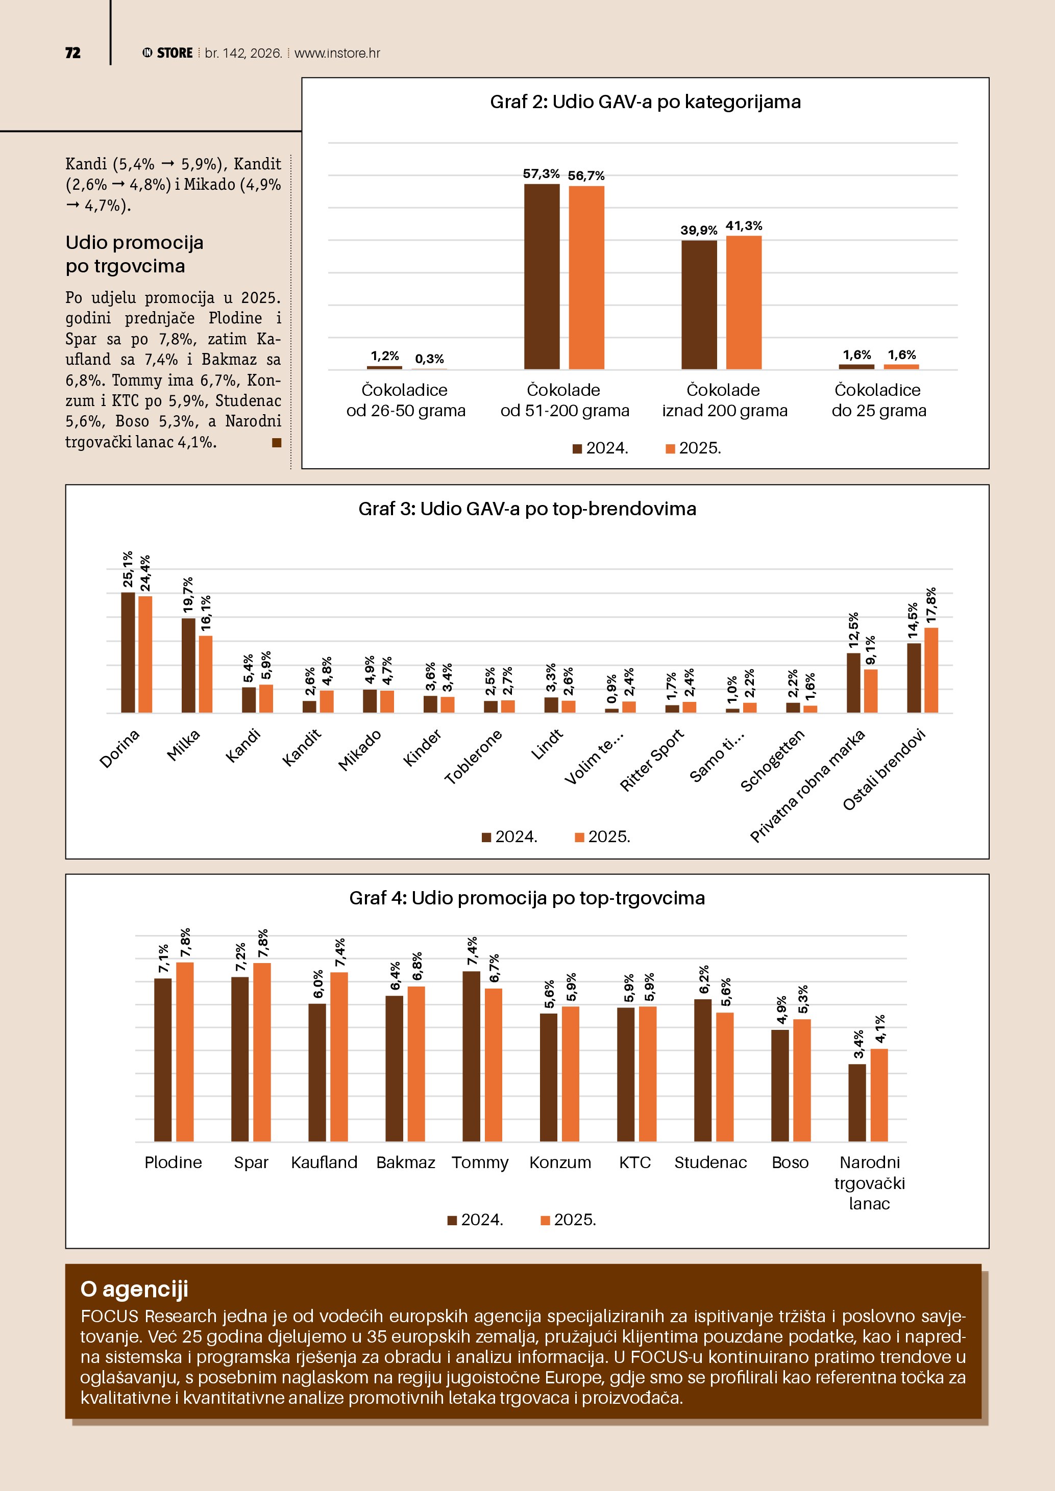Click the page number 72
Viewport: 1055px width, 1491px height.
click(x=73, y=53)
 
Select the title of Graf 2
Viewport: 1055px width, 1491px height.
click(x=645, y=102)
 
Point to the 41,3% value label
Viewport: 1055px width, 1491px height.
click(x=743, y=226)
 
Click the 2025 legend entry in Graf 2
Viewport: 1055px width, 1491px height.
click(x=693, y=448)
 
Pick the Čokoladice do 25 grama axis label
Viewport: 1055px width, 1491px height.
click(x=878, y=400)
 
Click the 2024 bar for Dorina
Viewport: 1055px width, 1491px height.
click(x=128, y=652)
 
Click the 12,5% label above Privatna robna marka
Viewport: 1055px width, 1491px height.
click(x=853, y=630)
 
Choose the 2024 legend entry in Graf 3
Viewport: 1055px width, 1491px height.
click(x=509, y=837)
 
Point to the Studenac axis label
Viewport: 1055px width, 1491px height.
click(x=710, y=1163)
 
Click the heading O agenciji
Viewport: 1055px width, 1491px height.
click(x=134, y=1288)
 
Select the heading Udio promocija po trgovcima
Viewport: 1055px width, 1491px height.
click(x=134, y=254)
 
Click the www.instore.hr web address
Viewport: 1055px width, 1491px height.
click(x=337, y=53)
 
